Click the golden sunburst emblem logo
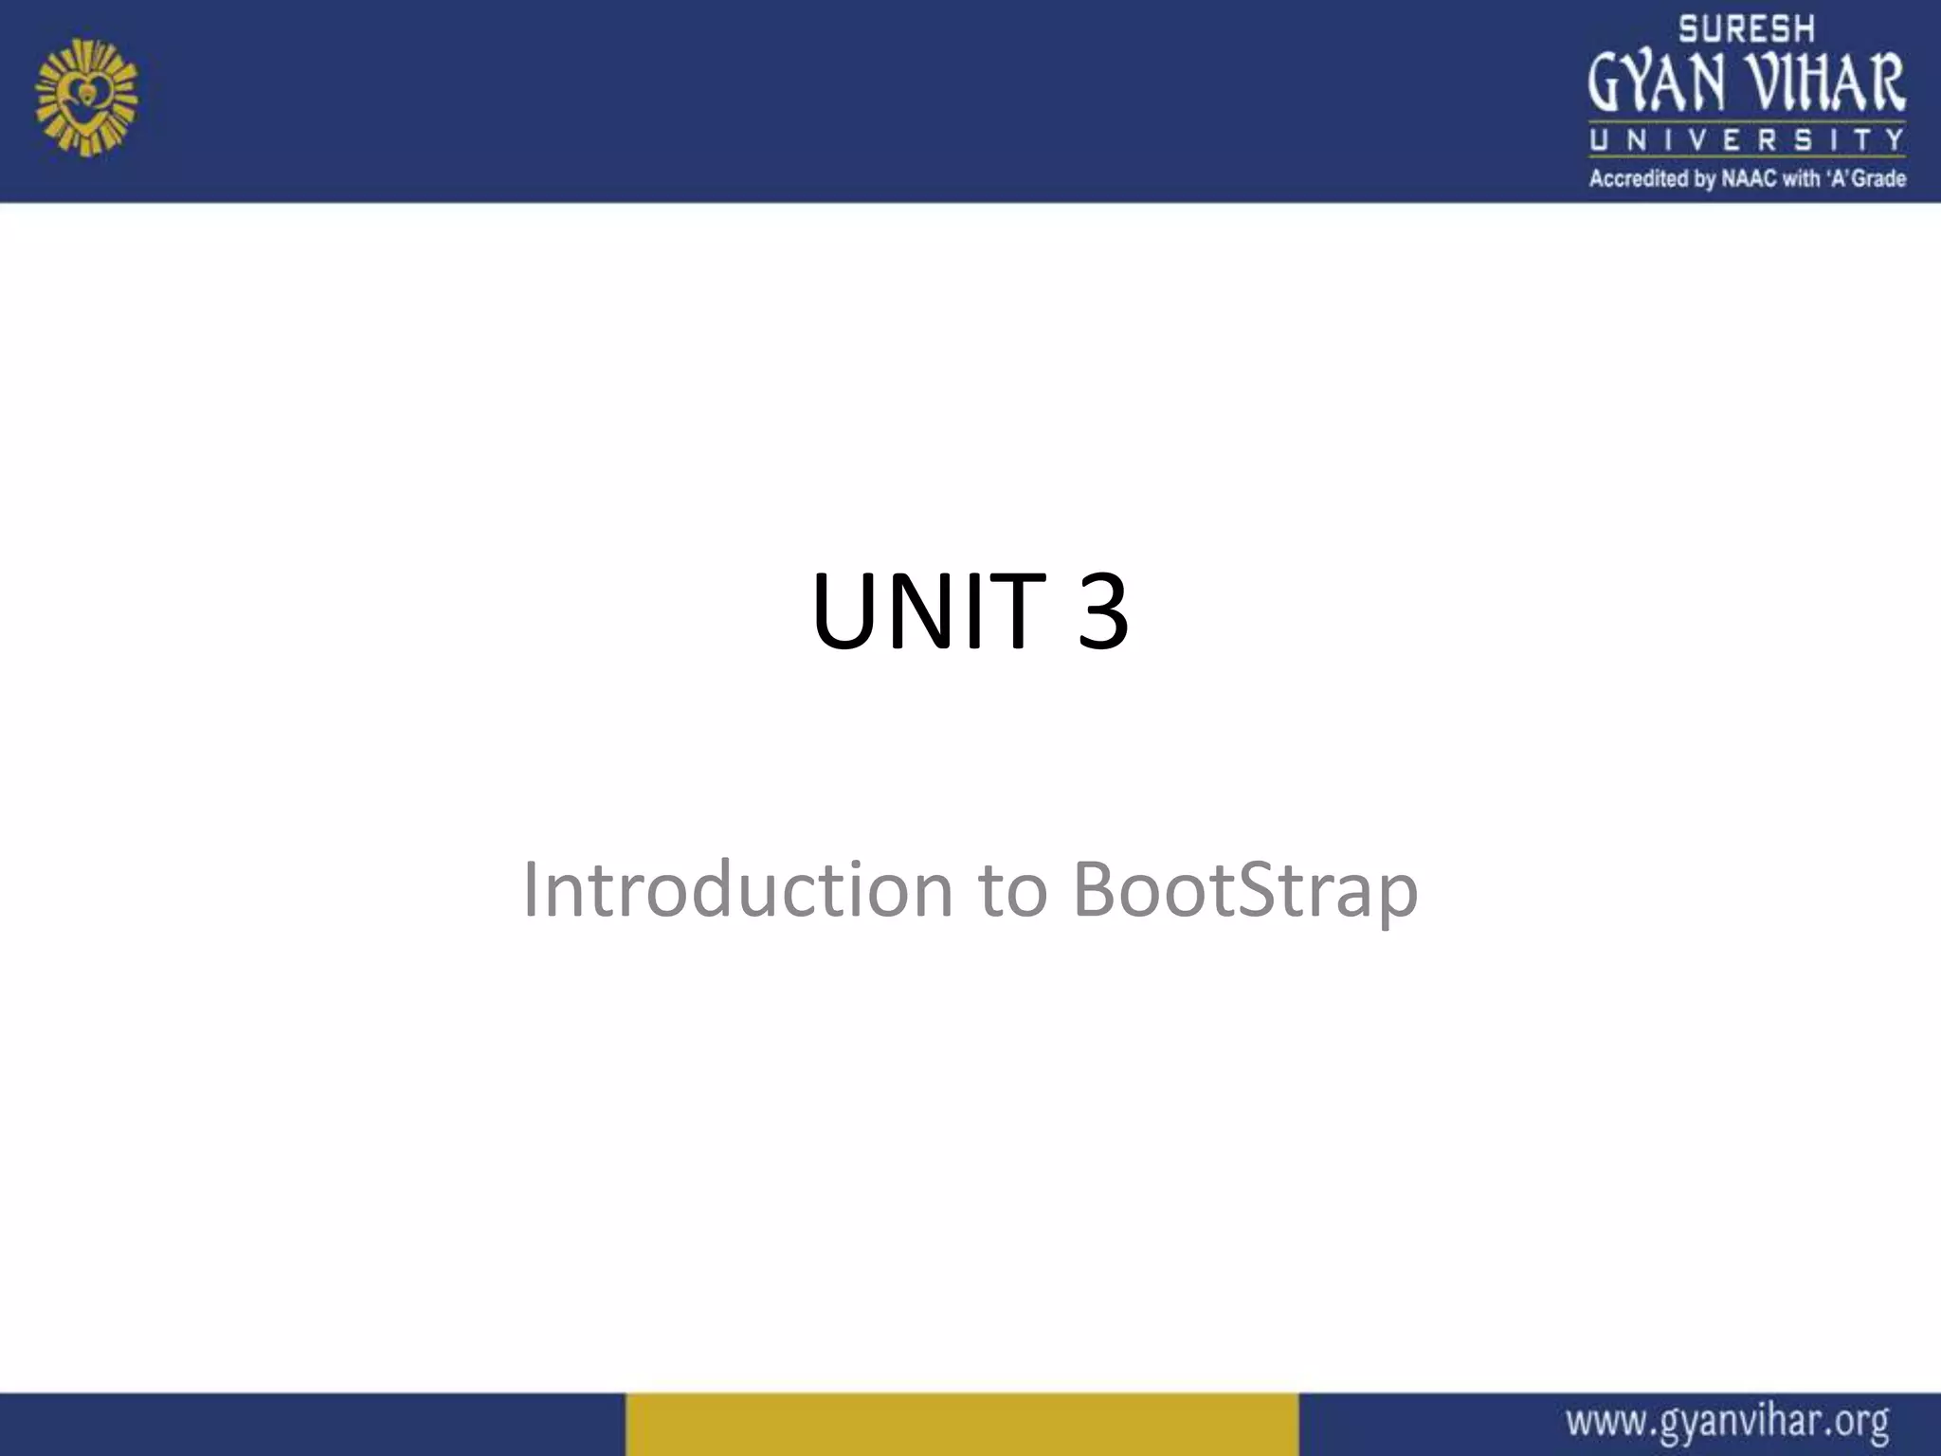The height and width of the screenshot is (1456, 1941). coord(86,97)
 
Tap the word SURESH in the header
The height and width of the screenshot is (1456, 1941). coord(1747,29)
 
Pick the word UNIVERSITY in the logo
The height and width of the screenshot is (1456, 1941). coord(1747,140)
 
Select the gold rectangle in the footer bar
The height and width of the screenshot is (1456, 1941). coord(961,1424)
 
